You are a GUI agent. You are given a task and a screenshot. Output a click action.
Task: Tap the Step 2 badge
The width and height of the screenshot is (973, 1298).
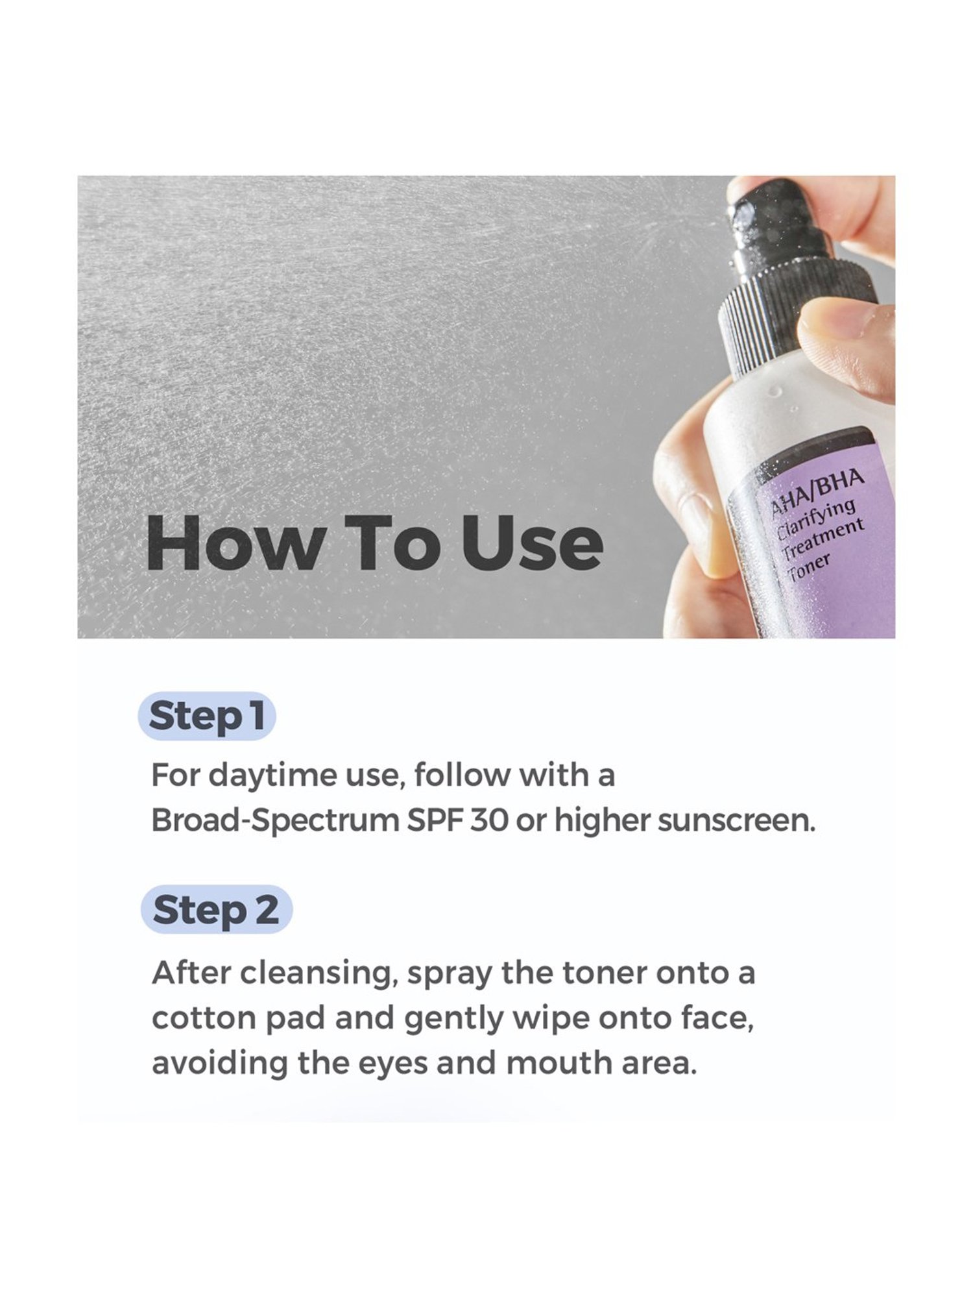(x=216, y=909)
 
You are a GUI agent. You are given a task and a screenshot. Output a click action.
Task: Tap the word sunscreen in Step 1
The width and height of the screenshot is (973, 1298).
(x=736, y=820)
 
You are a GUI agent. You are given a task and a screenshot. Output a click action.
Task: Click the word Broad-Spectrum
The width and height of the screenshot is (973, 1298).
(x=275, y=820)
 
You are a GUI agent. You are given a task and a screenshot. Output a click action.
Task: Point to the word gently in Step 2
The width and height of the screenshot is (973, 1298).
(x=454, y=1019)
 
